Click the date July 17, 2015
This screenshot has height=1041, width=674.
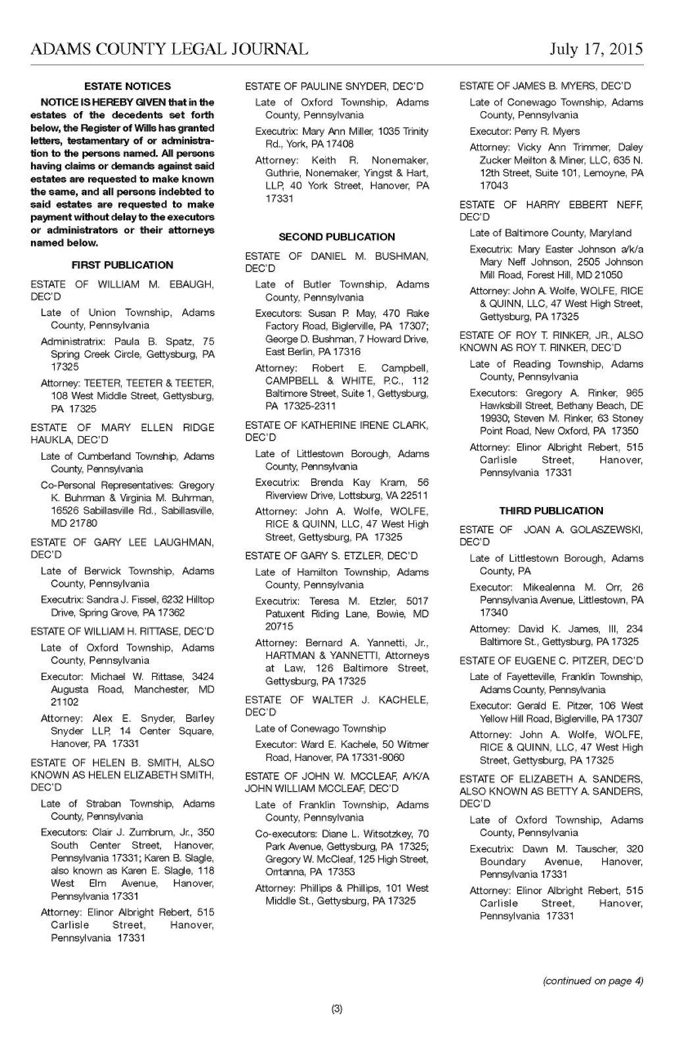pyautogui.click(x=596, y=49)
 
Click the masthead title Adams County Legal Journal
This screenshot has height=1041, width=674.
pyautogui.click(x=169, y=49)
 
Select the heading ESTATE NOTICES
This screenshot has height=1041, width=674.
pyautogui.click(x=128, y=86)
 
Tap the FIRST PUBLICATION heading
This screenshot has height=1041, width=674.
pyautogui.click(x=122, y=265)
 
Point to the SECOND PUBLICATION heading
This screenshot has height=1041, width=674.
pyautogui.click(x=337, y=237)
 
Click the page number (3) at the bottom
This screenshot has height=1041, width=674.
pyautogui.click(x=337, y=1009)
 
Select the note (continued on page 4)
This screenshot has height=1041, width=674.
pyautogui.click(x=592, y=981)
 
